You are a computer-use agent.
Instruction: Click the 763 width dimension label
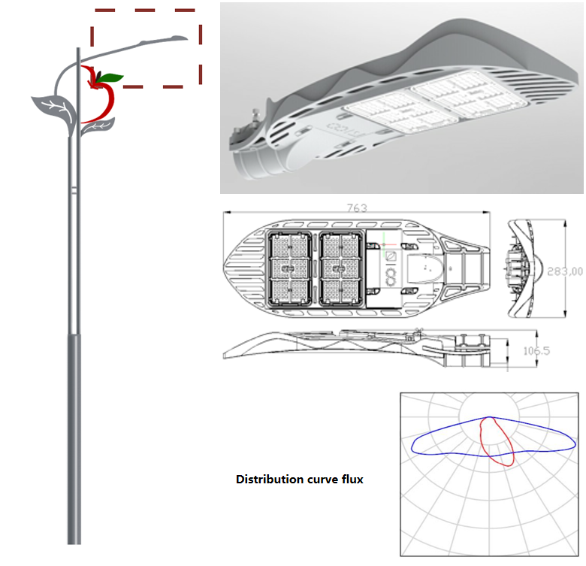click(x=356, y=208)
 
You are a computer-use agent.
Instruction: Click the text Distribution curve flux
click(x=300, y=479)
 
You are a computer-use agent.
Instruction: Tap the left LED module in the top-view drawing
click(x=289, y=268)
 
